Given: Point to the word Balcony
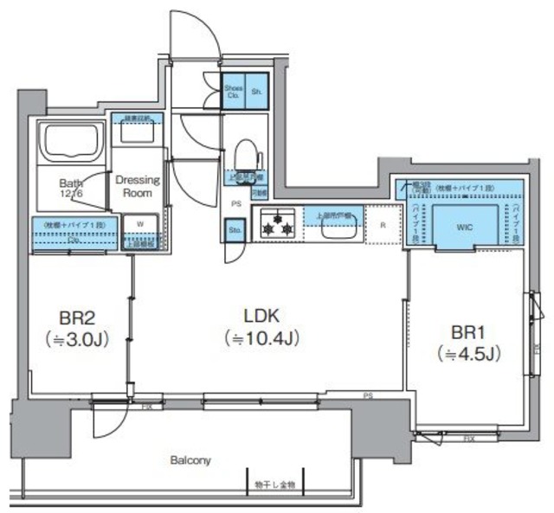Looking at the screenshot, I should (x=190, y=460).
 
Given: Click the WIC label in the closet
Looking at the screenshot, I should (x=466, y=227).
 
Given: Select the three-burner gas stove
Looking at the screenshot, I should (x=277, y=225).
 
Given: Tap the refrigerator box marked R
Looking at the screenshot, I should (x=382, y=225).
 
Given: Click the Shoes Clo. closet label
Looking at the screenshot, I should (x=233, y=92).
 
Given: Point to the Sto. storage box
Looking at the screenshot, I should (x=235, y=231).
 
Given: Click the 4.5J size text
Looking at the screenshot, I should (x=471, y=353).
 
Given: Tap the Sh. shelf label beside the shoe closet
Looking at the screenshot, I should (x=256, y=92).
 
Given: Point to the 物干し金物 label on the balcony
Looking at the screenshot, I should (x=274, y=485).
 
